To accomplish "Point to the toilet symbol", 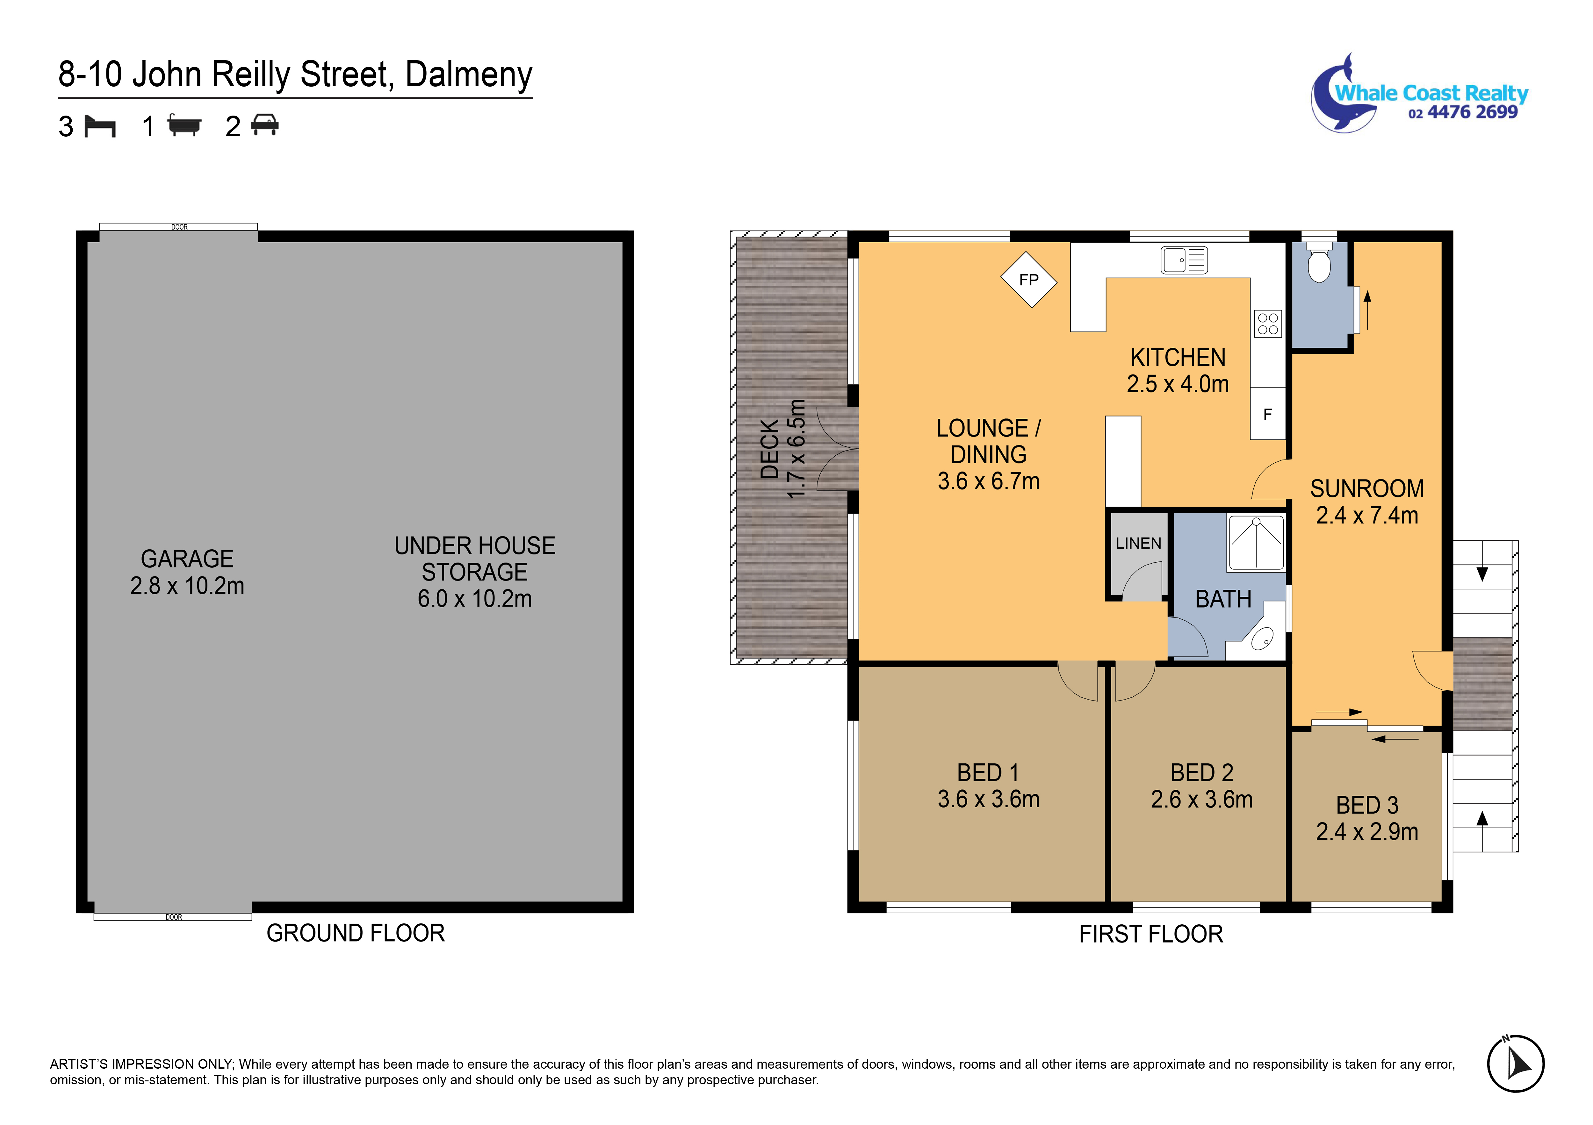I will click(x=1318, y=264).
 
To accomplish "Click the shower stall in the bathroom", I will click(x=1256, y=543).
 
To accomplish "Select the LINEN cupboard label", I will click(x=1138, y=543).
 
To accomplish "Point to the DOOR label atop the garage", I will click(x=179, y=227).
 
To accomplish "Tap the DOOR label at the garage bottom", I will click(x=173, y=917).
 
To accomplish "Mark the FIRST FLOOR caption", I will click(x=1150, y=934).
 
